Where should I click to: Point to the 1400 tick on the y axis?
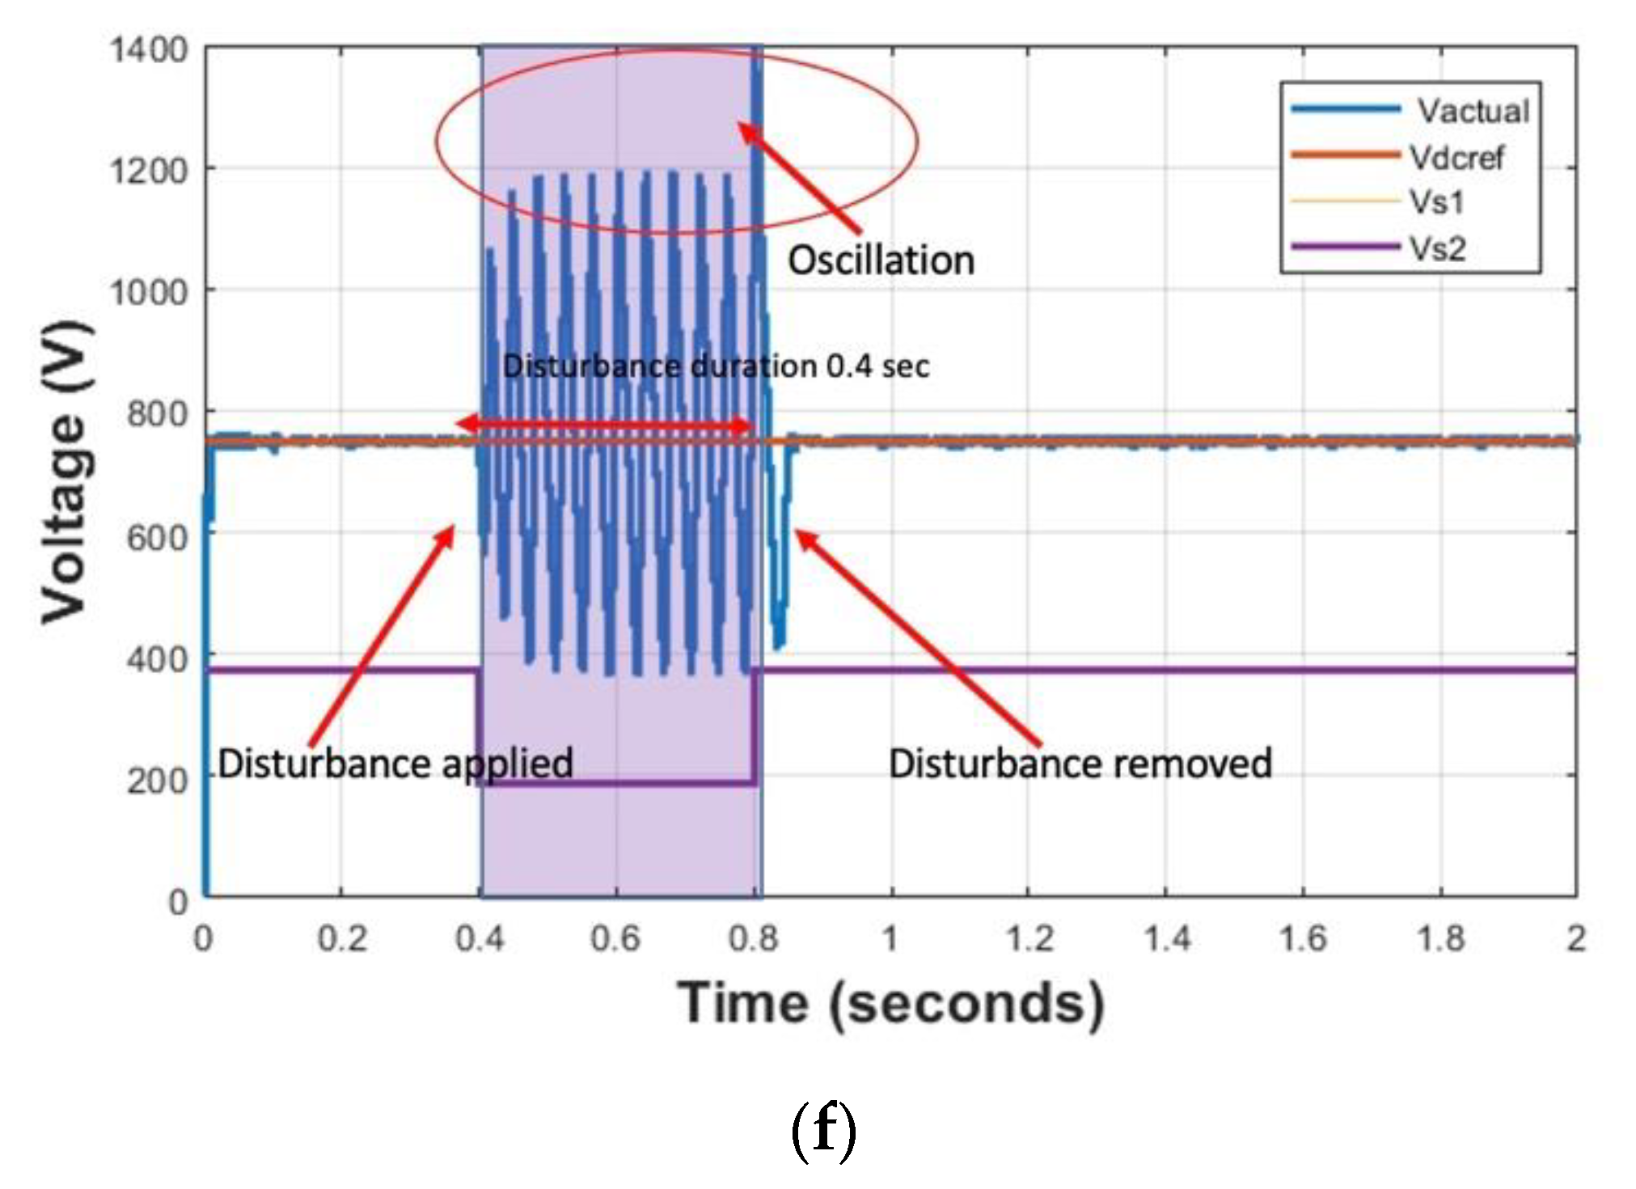click(149, 50)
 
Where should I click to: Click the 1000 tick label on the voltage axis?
click(149, 292)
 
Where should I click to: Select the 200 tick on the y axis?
click(158, 781)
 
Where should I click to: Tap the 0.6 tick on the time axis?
click(615, 938)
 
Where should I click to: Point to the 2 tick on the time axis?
click(1575, 938)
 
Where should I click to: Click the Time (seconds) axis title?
click(890, 1004)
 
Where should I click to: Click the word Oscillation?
click(881, 260)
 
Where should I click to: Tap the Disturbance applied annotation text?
click(395, 763)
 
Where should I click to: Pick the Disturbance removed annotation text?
click(1080, 763)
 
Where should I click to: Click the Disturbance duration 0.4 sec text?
click(716, 366)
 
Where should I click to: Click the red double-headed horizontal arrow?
click(605, 425)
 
